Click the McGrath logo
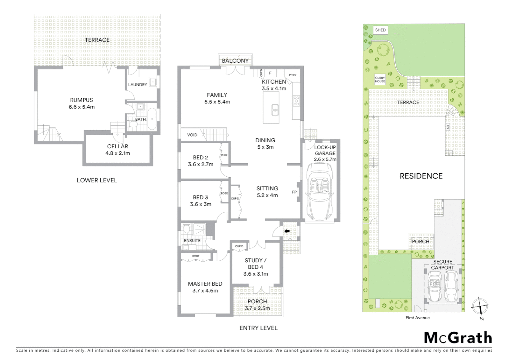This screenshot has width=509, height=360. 458,338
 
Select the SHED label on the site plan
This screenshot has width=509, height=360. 380,30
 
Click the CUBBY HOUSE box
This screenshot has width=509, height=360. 380,80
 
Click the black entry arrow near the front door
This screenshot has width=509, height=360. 286,231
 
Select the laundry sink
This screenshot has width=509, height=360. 153,82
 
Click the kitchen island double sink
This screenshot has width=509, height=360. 275,109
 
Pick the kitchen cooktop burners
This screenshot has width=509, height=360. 296,101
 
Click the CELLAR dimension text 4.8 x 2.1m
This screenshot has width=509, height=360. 118,153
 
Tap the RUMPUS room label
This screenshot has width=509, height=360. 81,100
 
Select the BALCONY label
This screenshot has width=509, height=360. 235,61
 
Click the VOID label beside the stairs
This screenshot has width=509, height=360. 192,135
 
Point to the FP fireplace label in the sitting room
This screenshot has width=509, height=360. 294,192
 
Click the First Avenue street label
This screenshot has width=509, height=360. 417,318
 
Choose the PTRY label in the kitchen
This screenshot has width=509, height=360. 292,75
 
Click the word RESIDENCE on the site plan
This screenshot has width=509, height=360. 421,176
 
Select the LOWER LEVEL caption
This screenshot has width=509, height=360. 97,180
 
